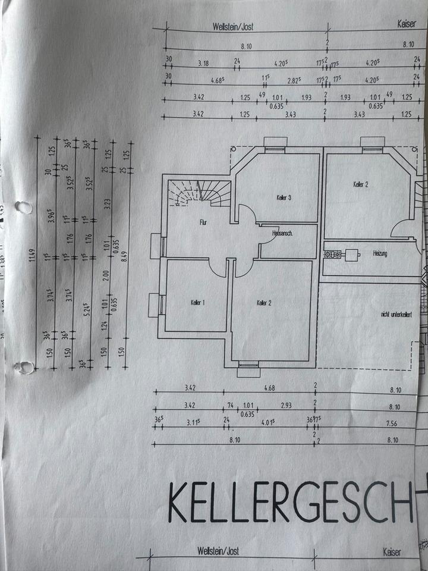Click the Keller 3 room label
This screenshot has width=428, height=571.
(284, 197)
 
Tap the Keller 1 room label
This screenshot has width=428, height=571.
(198, 303)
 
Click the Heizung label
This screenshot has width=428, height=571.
(380, 254)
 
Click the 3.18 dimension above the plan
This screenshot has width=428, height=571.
(203, 61)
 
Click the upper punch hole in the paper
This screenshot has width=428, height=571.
(24, 208)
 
